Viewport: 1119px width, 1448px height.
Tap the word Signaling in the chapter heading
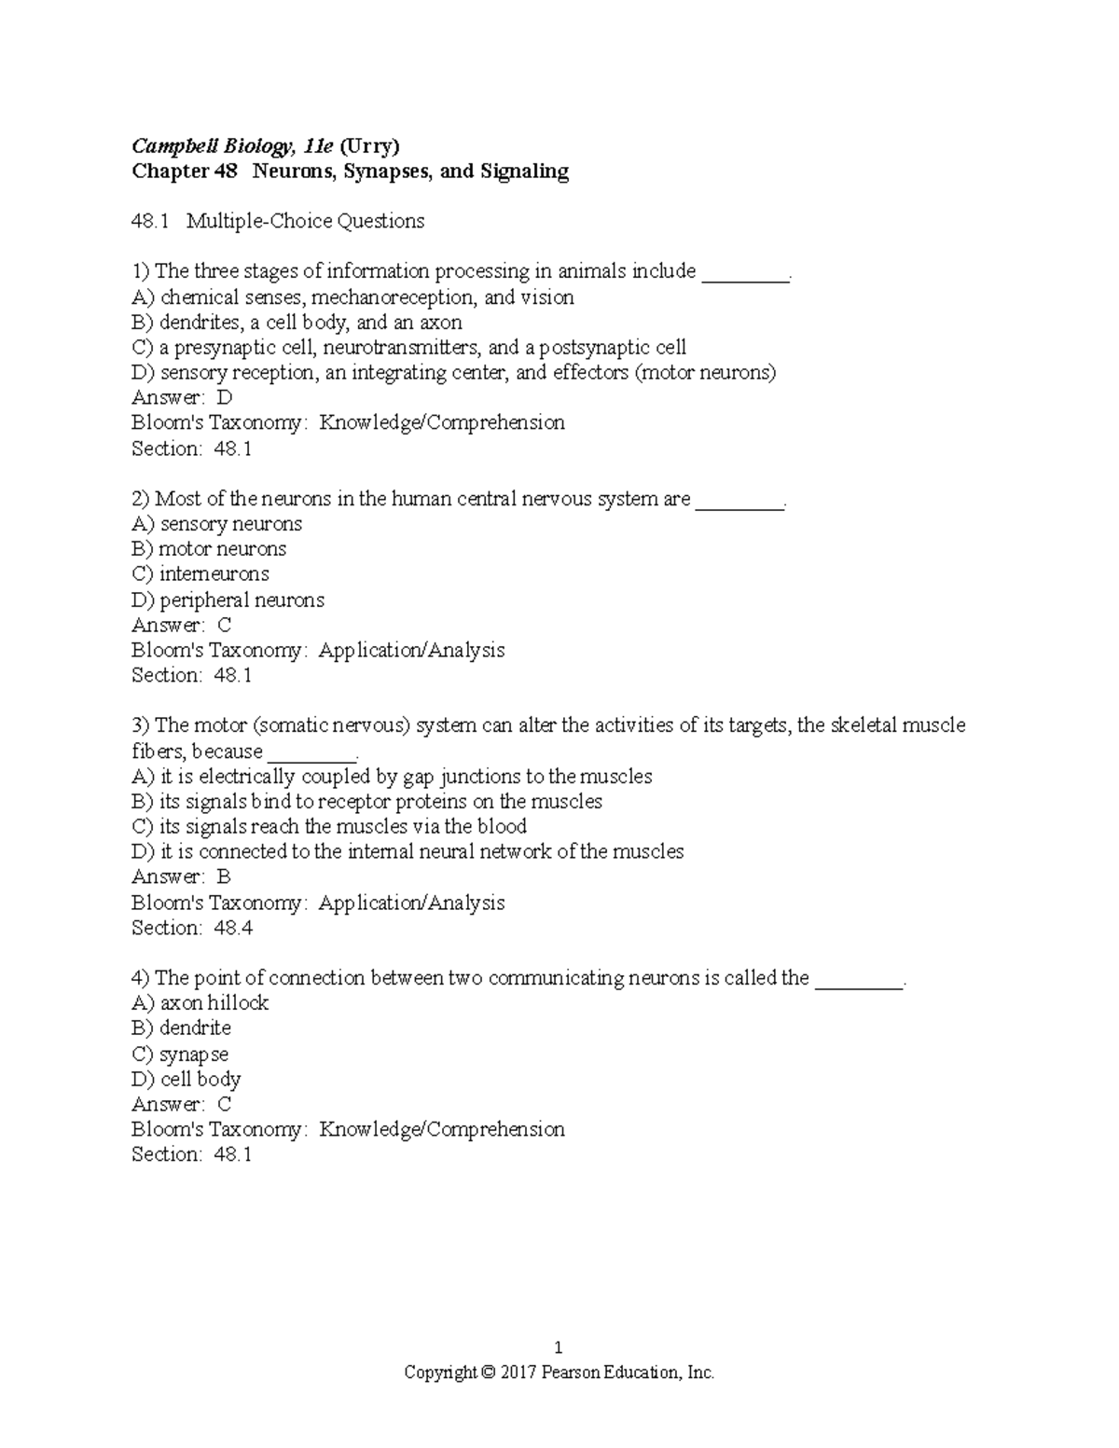coord(523,171)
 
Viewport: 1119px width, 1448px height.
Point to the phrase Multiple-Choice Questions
coord(305,221)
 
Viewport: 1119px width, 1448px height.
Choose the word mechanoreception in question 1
coord(394,297)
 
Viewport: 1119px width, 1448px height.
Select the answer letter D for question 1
coord(224,398)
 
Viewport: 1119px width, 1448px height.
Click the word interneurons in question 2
coord(214,574)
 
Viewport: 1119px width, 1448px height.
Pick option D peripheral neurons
coord(242,600)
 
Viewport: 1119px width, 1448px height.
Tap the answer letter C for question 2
coord(224,625)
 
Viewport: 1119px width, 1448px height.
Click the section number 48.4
coord(233,928)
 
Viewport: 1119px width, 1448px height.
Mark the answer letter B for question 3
coord(224,877)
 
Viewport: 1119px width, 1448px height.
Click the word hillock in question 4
coord(238,1003)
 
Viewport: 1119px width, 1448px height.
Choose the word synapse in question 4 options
coord(194,1055)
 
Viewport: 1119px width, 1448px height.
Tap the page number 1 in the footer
coord(559,1347)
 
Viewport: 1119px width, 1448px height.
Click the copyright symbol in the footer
coord(488,1372)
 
